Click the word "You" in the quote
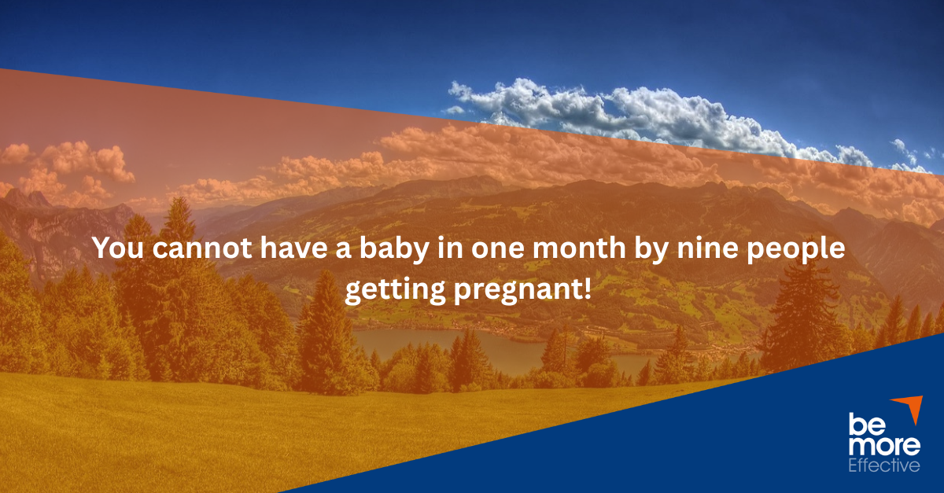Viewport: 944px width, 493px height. pyautogui.click(x=119, y=248)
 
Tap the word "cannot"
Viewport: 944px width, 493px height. pyautogui.click(x=202, y=248)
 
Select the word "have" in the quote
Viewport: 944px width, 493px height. pyautogui.click(x=293, y=248)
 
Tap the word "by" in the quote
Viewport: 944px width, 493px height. pyautogui.click(x=651, y=249)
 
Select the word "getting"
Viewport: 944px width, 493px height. pyautogui.click(x=395, y=290)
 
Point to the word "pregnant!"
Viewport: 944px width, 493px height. pyautogui.click(x=522, y=291)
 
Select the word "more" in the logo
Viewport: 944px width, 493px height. pyautogui.click(x=884, y=446)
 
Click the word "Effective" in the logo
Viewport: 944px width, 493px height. pyautogui.click(x=883, y=465)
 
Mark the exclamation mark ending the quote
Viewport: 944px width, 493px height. pyautogui.click(x=588, y=289)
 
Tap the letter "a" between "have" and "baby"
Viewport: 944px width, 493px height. pyautogui.click(x=344, y=250)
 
